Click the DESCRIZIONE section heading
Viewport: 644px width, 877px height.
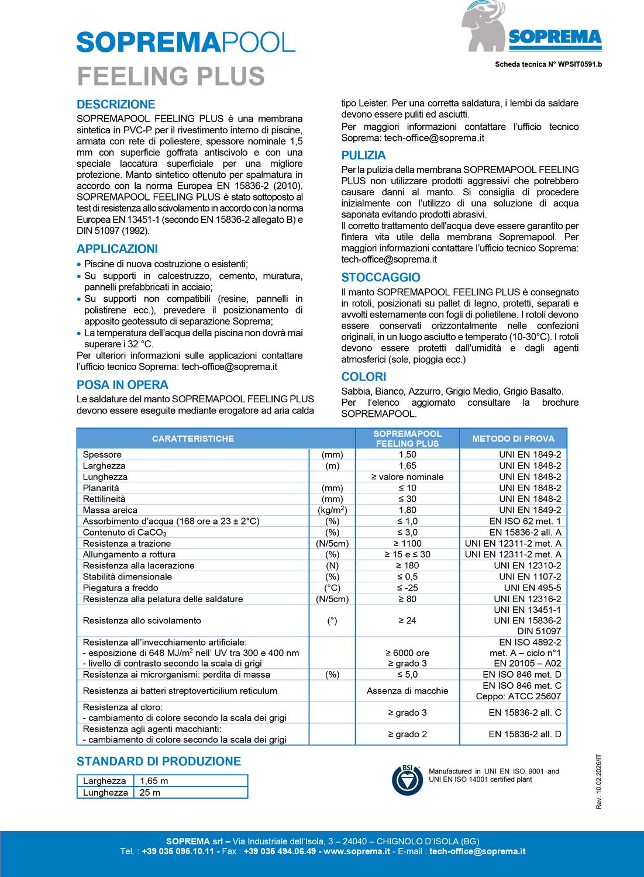(x=116, y=105)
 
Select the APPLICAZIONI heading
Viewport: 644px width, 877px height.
(x=117, y=249)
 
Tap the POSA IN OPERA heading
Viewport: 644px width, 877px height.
(x=122, y=385)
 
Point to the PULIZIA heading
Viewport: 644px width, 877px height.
(x=363, y=156)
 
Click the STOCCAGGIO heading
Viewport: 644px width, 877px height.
(x=380, y=278)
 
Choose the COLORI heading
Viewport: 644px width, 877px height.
(x=363, y=377)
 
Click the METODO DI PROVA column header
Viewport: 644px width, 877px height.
(x=513, y=438)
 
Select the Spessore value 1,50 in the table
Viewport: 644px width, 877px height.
(x=407, y=455)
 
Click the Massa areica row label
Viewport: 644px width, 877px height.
(x=110, y=510)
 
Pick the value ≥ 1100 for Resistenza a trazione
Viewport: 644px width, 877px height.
(x=407, y=544)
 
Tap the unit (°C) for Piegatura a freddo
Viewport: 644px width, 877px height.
(x=332, y=588)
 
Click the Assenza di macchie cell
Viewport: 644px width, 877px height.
(x=407, y=691)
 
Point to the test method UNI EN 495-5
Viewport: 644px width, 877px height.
(x=532, y=588)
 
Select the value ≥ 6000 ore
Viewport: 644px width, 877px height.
(x=407, y=653)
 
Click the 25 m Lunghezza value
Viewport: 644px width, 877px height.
(x=150, y=793)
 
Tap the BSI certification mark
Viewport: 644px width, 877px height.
(x=406, y=779)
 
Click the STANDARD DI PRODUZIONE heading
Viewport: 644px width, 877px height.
(x=159, y=761)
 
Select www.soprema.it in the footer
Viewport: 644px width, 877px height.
(x=357, y=851)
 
